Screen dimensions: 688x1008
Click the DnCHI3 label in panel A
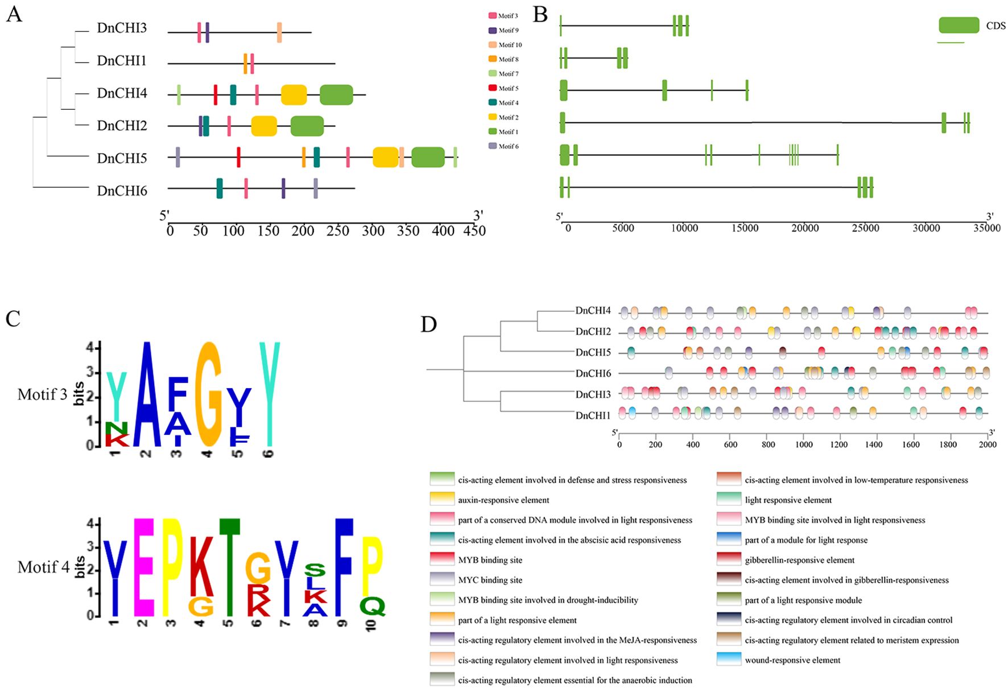[x=122, y=28]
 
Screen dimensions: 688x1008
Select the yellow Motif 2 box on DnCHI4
[x=294, y=95]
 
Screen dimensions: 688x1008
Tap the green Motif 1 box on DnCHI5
[x=428, y=158]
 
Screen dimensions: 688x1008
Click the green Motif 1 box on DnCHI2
[x=307, y=126]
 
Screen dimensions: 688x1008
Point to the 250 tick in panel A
[x=338, y=230]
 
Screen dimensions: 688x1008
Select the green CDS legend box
[x=959, y=25]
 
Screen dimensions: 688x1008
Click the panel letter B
[x=540, y=15]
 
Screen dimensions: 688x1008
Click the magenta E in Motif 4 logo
[x=143, y=567]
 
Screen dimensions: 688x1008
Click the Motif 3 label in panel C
[x=42, y=394]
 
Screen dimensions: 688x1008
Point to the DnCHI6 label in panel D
[x=593, y=373]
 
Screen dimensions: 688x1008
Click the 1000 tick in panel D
[x=803, y=444]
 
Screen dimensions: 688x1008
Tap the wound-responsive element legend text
[x=792, y=660]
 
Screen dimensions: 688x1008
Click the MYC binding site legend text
[x=490, y=580]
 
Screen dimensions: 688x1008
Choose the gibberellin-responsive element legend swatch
[x=729, y=560]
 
